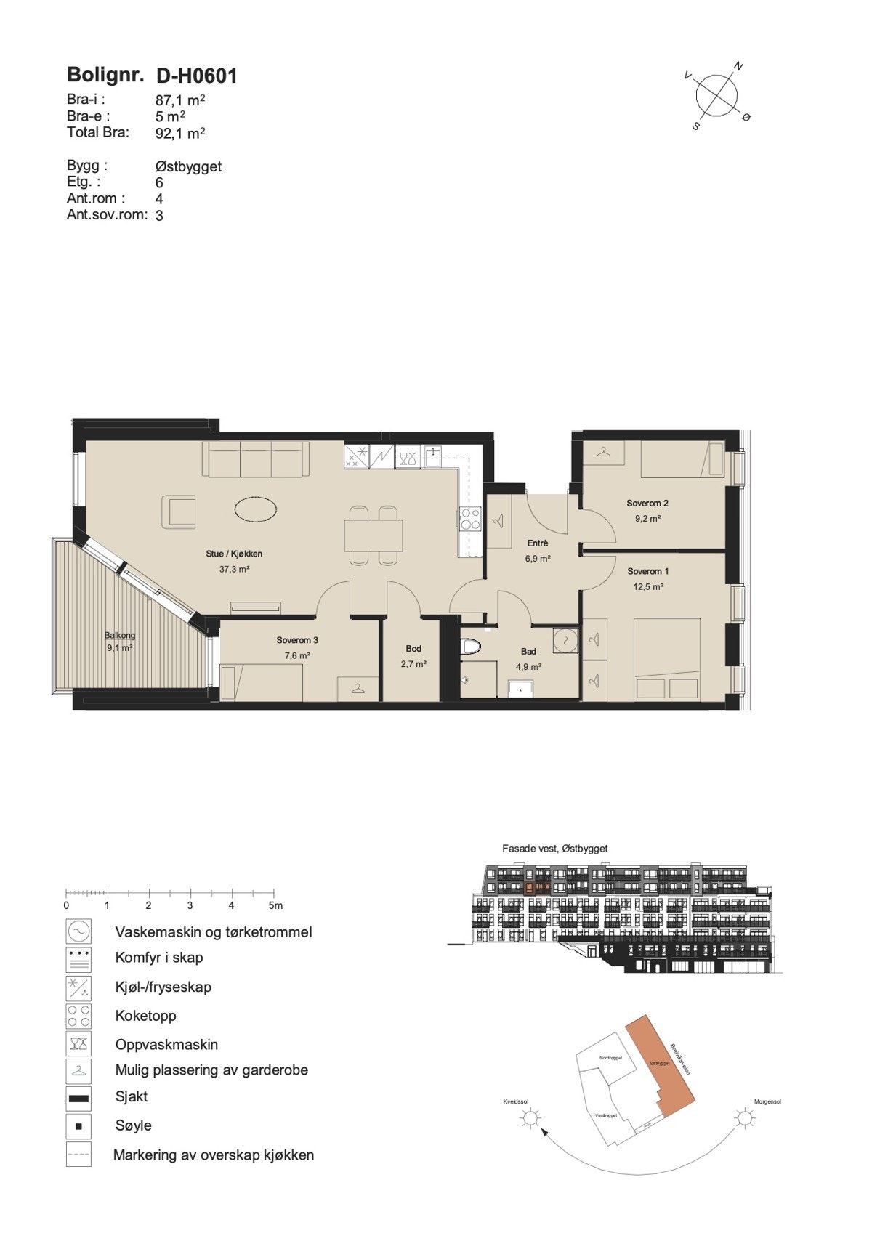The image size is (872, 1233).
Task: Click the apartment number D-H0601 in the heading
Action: [196, 76]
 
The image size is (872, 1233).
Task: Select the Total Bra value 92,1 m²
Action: [180, 133]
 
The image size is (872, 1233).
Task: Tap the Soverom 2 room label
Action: [647, 503]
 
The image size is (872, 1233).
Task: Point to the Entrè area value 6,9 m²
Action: [538, 559]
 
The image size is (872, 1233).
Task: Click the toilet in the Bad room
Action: [472, 646]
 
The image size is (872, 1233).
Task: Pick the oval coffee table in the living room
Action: [256, 509]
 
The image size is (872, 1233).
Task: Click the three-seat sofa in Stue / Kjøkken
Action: [254, 461]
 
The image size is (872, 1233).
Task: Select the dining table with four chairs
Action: [374, 535]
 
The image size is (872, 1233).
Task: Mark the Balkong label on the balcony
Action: [119, 635]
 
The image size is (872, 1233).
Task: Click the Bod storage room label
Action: [413, 648]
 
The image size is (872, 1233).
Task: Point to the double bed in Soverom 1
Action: [667, 658]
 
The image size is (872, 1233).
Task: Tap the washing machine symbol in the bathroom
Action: [565, 639]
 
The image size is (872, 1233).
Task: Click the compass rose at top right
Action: [717, 94]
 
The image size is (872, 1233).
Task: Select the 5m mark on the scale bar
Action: [275, 905]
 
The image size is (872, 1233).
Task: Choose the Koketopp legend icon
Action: [78, 1016]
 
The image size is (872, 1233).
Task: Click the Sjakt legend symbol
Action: [78, 1098]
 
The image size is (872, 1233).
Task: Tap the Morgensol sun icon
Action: [745, 1117]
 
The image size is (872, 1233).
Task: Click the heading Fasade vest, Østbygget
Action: [554, 848]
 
